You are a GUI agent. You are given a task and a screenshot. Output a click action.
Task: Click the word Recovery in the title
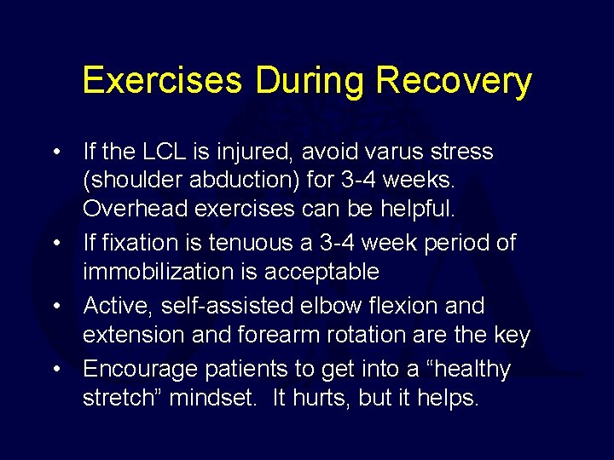click(x=454, y=82)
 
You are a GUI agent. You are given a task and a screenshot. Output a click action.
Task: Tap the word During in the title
click(x=310, y=82)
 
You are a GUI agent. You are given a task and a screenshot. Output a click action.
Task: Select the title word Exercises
click(x=161, y=82)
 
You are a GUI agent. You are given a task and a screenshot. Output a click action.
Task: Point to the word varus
click(x=386, y=152)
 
